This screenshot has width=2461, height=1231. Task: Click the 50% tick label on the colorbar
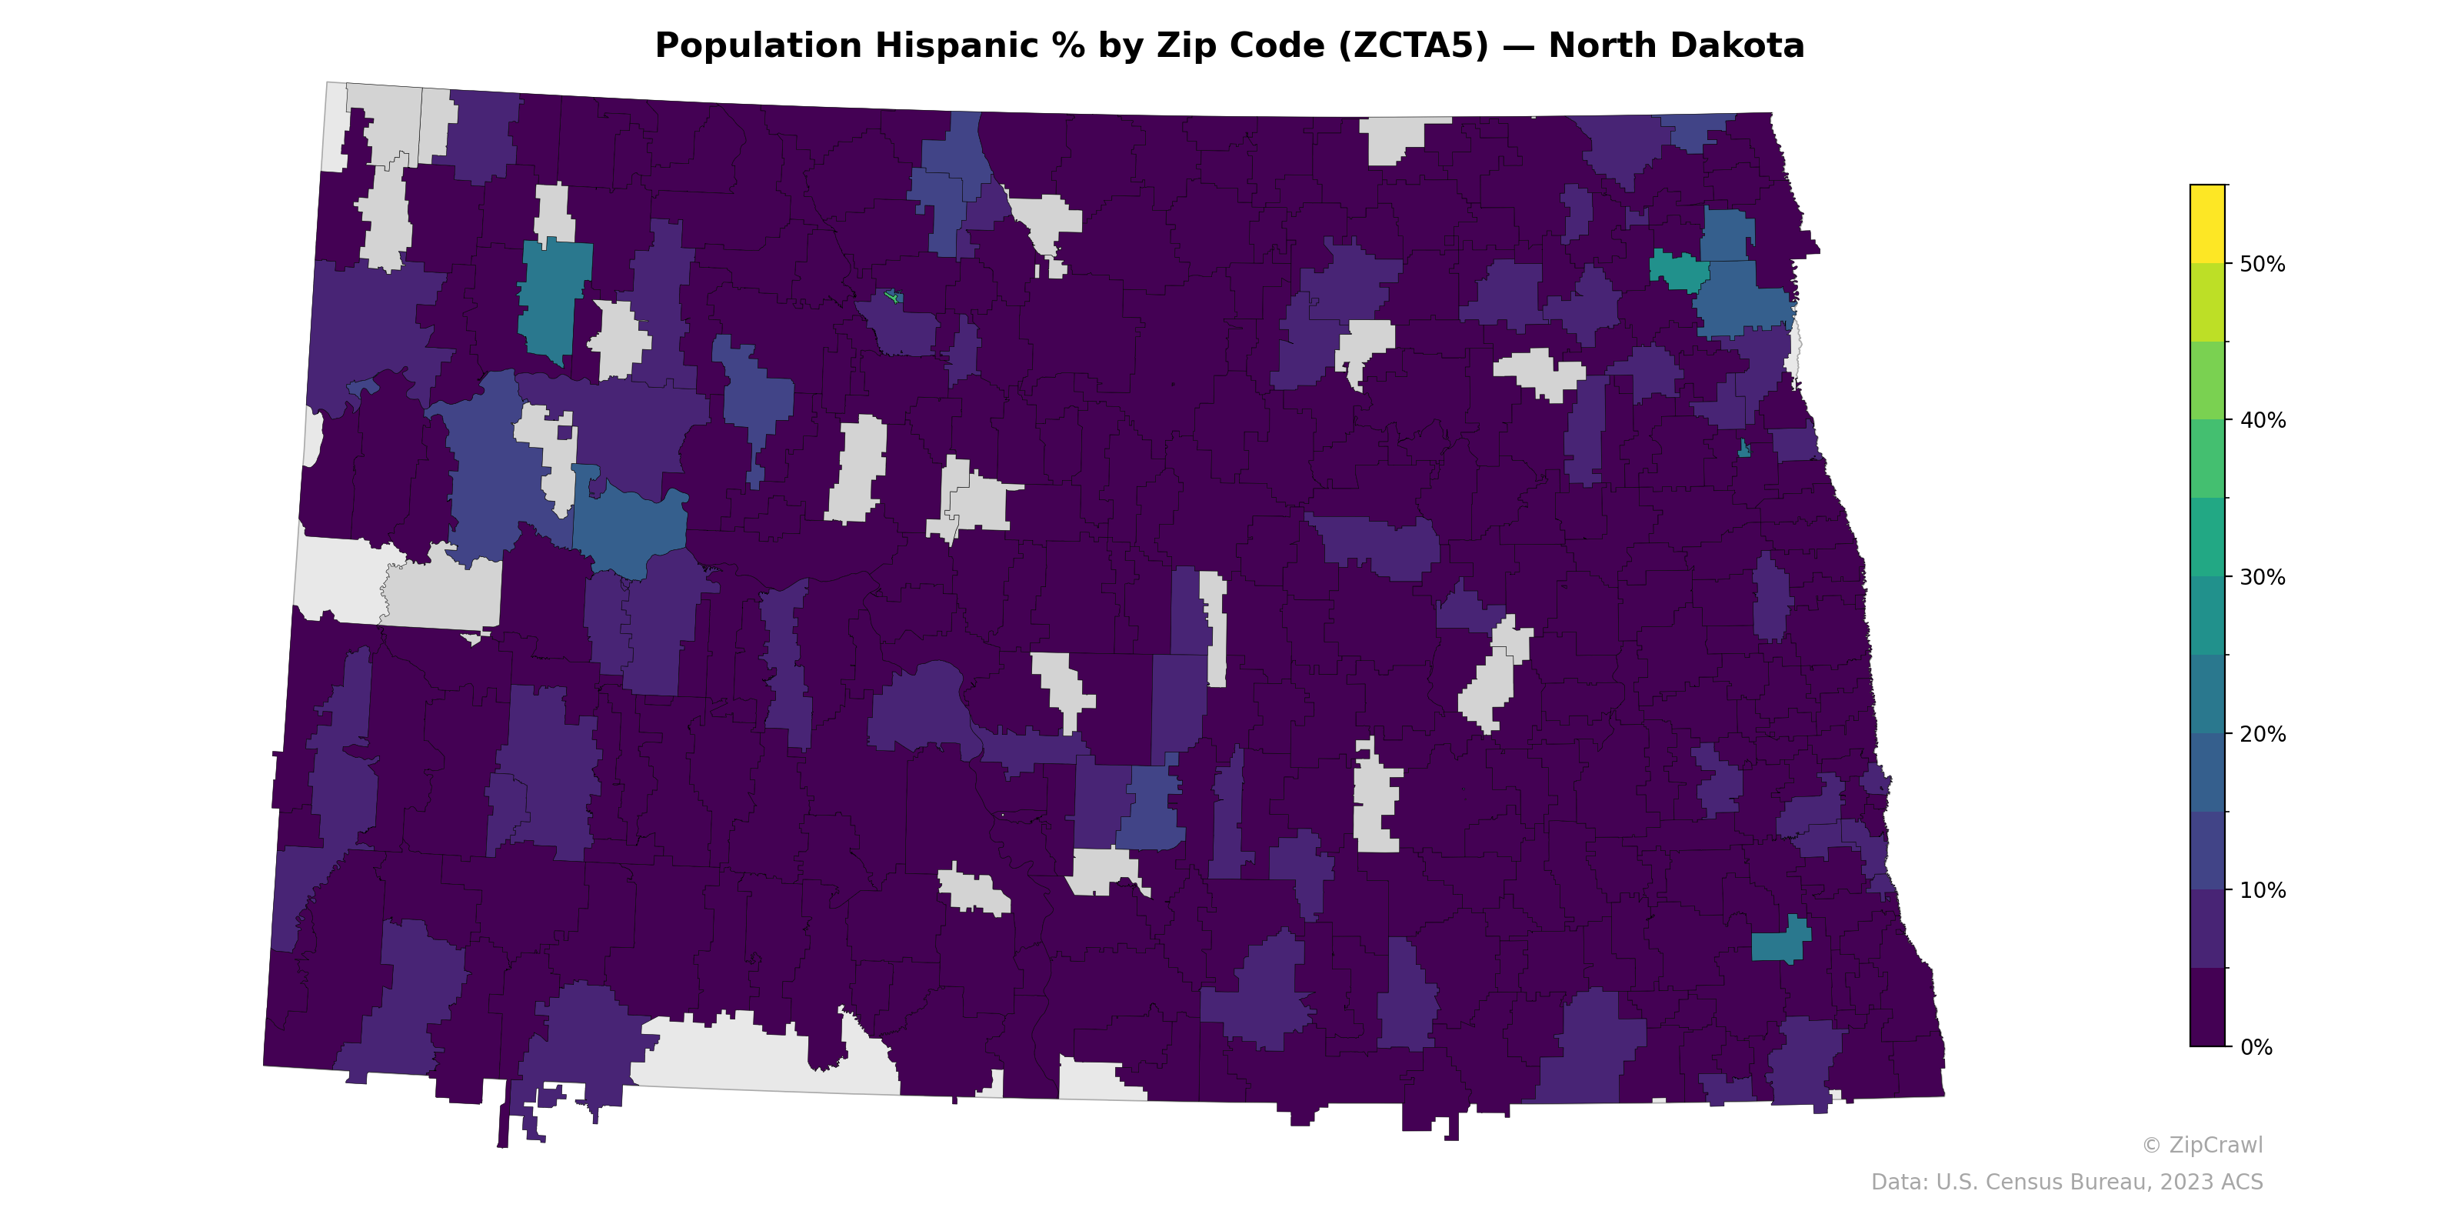(2263, 265)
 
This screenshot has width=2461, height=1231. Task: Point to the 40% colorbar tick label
(2263, 422)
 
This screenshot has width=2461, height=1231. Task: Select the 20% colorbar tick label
(2263, 735)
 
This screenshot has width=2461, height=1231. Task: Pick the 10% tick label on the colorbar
(2263, 892)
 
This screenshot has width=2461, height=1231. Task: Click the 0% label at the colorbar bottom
(2256, 1047)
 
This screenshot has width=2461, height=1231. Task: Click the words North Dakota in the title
(1676, 46)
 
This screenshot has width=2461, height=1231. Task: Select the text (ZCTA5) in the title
(1414, 46)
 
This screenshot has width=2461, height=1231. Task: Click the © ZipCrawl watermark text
(2202, 1145)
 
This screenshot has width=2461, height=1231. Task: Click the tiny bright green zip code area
(893, 296)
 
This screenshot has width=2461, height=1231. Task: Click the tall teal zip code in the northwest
(554, 296)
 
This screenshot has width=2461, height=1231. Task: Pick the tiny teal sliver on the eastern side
(1743, 449)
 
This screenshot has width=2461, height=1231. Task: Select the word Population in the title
(758, 46)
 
